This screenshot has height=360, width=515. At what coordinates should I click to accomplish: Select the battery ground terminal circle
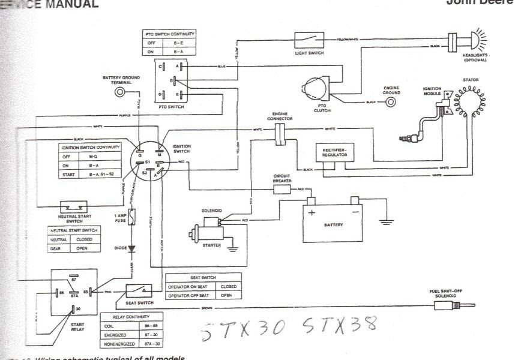[x=122, y=92]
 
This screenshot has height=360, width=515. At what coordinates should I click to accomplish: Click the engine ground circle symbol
[x=391, y=102]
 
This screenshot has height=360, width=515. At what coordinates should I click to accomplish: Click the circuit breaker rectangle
[x=282, y=190]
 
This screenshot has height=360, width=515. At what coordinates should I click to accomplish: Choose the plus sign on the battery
[x=312, y=212]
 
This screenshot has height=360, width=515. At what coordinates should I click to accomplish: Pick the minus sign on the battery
[x=355, y=212]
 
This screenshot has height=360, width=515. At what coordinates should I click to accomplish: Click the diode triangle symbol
[x=131, y=247]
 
